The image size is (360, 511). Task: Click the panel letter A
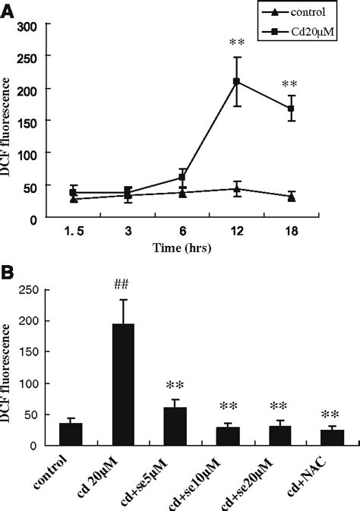tap(8, 10)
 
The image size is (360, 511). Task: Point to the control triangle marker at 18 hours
tap(291, 197)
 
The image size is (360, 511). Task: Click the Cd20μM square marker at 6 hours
tap(182, 178)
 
